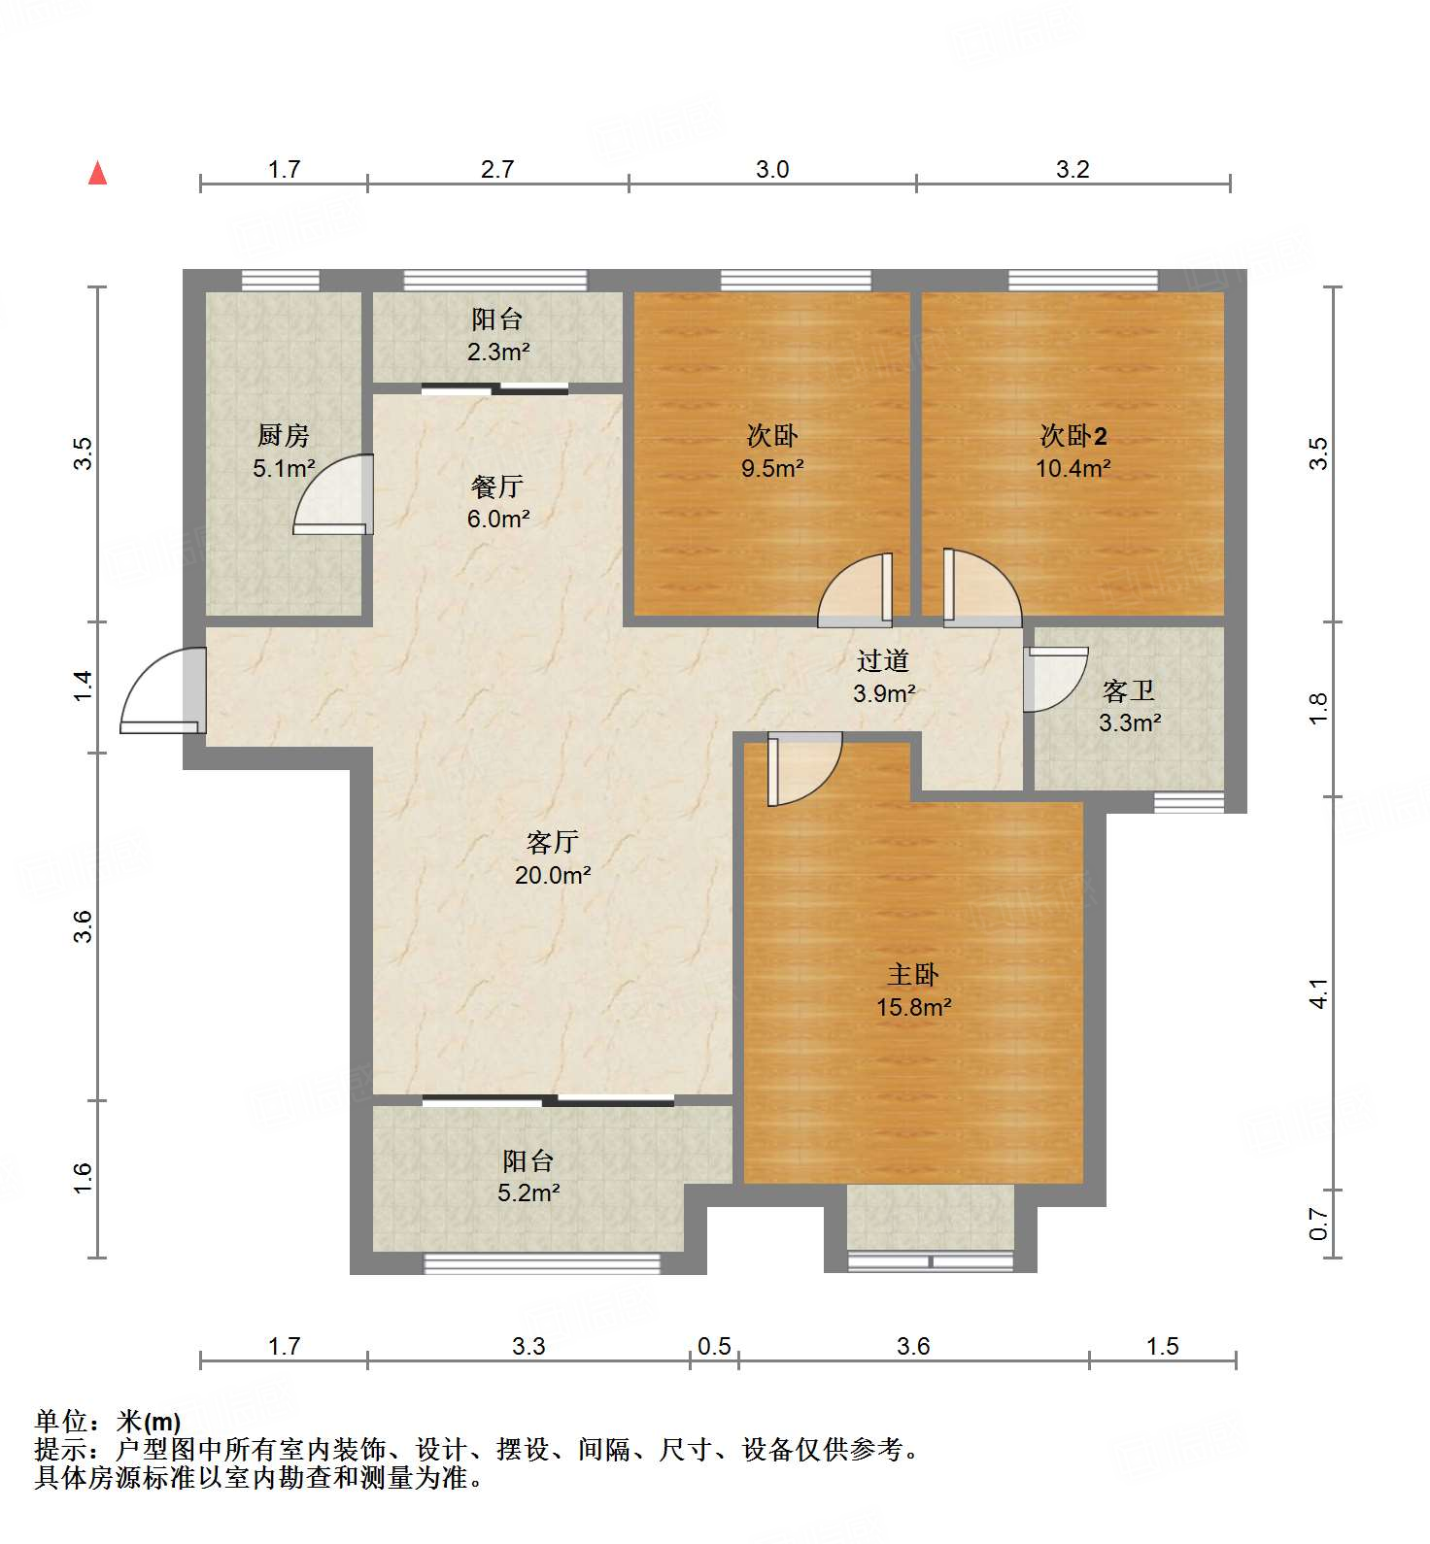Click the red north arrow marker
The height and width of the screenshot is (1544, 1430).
pyautogui.click(x=97, y=173)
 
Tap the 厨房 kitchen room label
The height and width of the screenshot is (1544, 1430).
pyautogui.click(x=284, y=435)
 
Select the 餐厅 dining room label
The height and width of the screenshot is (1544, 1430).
pyautogui.click(x=497, y=486)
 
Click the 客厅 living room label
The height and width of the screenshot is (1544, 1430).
pyautogui.click(x=553, y=842)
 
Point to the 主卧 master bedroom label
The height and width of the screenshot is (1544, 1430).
pyautogui.click(x=913, y=974)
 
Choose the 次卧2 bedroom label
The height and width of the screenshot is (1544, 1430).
pyautogui.click(x=1073, y=435)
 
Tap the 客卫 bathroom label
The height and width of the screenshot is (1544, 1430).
pyautogui.click(x=1129, y=690)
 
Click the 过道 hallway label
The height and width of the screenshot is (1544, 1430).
pyautogui.click(x=883, y=660)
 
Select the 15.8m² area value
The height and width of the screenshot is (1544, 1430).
pyautogui.click(x=914, y=1007)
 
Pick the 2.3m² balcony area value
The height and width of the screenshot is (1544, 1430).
pyautogui.click(x=498, y=352)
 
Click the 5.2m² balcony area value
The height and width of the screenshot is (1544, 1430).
pyautogui.click(x=528, y=1192)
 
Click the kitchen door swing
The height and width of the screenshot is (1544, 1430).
pyautogui.click(x=333, y=494)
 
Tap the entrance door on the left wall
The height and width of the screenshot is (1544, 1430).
pyautogui.click(x=162, y=690)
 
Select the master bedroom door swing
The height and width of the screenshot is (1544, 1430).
pyautogui.click(x=804, y=769)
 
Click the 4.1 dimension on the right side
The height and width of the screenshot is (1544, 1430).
pyautogui.click(x=1318, y=993)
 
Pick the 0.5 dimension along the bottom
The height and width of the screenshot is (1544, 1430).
pyautogui.click(x=714, y=1346)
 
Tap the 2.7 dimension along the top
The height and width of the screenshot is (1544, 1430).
pyautogui.click(x=497, y=169)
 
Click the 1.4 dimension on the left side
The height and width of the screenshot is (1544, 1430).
pyautogui.click(x=84, y=687)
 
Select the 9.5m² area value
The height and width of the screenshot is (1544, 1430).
pyautogui.click(x=772, y=468)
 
